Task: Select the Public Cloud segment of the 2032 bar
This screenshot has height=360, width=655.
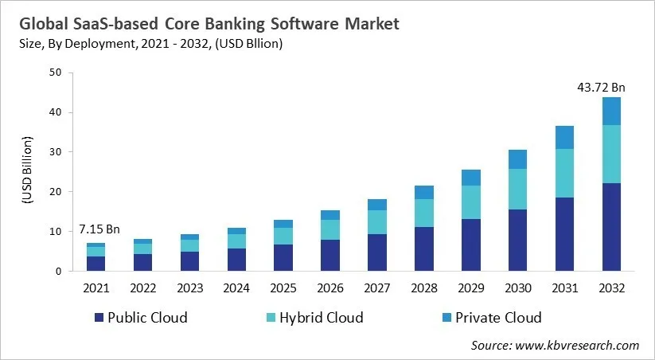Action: (610, 227)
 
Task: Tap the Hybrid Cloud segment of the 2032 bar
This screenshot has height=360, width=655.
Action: (610, 154)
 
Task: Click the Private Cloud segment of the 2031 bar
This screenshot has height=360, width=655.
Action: (564, 137)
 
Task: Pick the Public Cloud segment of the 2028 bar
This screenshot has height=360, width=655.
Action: (424, 249)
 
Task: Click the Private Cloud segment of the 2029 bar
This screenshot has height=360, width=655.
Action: (471, 178)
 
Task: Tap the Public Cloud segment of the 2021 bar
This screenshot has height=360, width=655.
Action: (96, 264)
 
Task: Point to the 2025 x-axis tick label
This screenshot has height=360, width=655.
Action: (283, 286)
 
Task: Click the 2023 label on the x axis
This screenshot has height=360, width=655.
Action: (189, 286)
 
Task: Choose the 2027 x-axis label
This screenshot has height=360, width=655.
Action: (377, 286)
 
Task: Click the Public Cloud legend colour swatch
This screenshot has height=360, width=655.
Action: (100, 318)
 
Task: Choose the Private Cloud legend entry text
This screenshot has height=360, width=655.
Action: (498, 318)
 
